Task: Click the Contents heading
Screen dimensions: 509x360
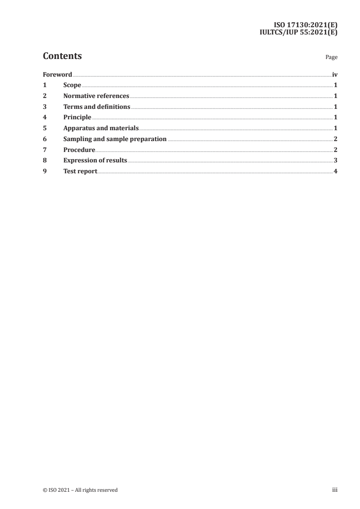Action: pos(62,56)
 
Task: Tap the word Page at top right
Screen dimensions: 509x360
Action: pos(331,58)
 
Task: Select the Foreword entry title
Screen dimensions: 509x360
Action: pos(57,74)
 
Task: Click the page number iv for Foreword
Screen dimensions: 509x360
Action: pos(335,74)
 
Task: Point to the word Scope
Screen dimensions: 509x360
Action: pos(72,85)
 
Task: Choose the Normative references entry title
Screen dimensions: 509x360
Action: pos(96,96)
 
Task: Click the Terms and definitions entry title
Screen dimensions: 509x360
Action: pos(97,107)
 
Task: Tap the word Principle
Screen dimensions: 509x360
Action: pos(77,117)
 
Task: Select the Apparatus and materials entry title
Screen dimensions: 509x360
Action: pos(101,128)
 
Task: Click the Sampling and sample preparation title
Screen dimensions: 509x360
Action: pos(115,139)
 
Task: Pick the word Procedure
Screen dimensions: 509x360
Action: pos(79,150)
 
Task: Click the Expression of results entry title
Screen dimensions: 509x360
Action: pos(95,161)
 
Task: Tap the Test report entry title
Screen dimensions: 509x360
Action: pos(80,171)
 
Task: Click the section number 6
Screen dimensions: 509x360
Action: pos(44,139)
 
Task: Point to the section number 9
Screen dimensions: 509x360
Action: pos(44,171)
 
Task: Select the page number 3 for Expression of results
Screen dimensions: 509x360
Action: pos(335,161)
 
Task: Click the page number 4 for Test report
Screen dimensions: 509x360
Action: pos(335,171)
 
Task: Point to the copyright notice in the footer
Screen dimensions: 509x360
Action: pos(80,490)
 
